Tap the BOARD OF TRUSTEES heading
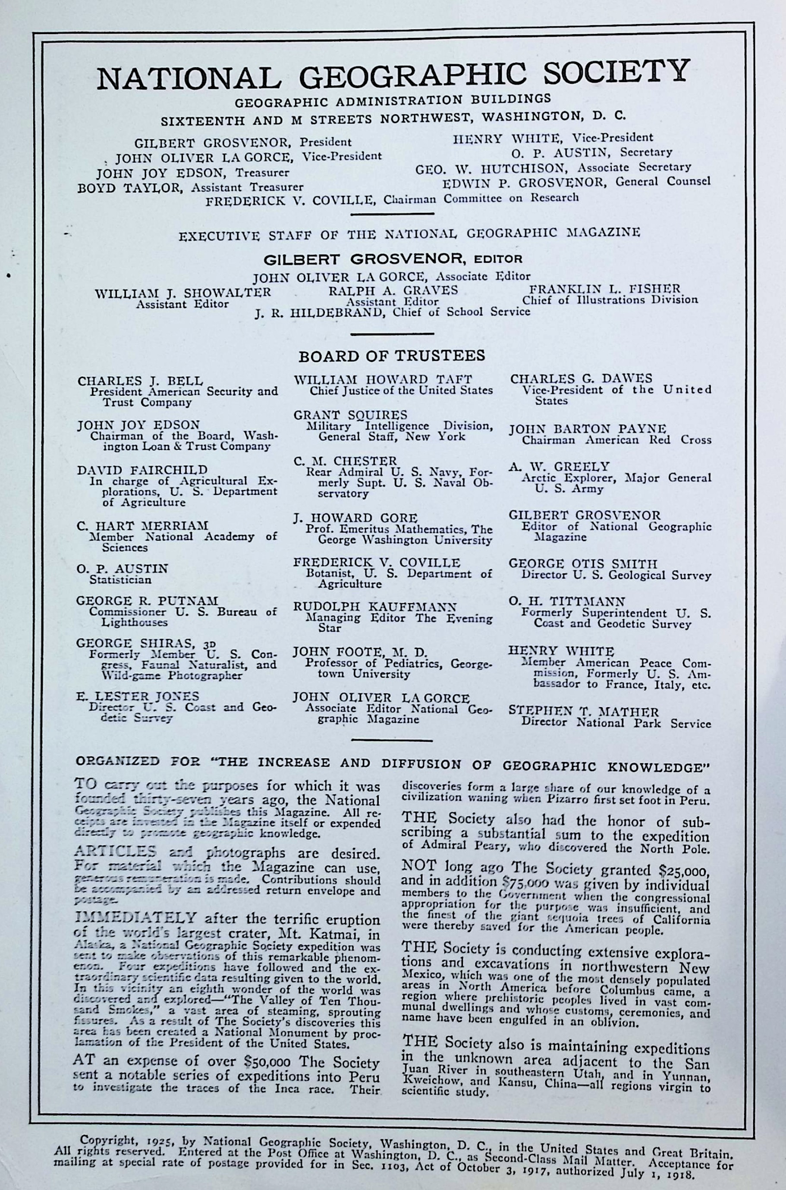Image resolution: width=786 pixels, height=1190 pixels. coord(392,356)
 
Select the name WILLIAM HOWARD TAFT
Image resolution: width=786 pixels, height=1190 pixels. coord(383,379)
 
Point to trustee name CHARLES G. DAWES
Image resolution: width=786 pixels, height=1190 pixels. coord(581,378)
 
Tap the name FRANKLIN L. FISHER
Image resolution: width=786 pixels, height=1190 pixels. coord(605,289)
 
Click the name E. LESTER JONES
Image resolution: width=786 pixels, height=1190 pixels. coord(138,696)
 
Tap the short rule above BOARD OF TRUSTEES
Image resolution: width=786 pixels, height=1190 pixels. coord(392,334)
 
